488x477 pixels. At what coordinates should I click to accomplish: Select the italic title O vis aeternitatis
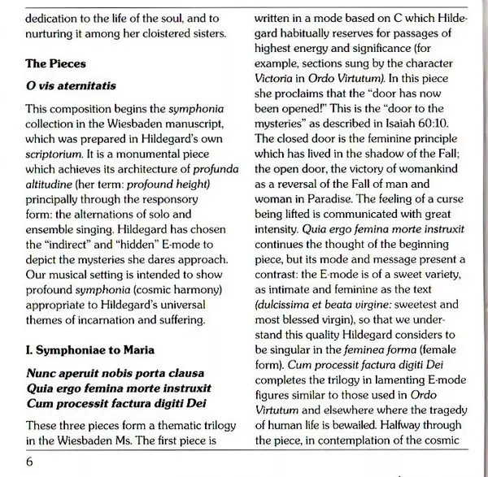point(70,85)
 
